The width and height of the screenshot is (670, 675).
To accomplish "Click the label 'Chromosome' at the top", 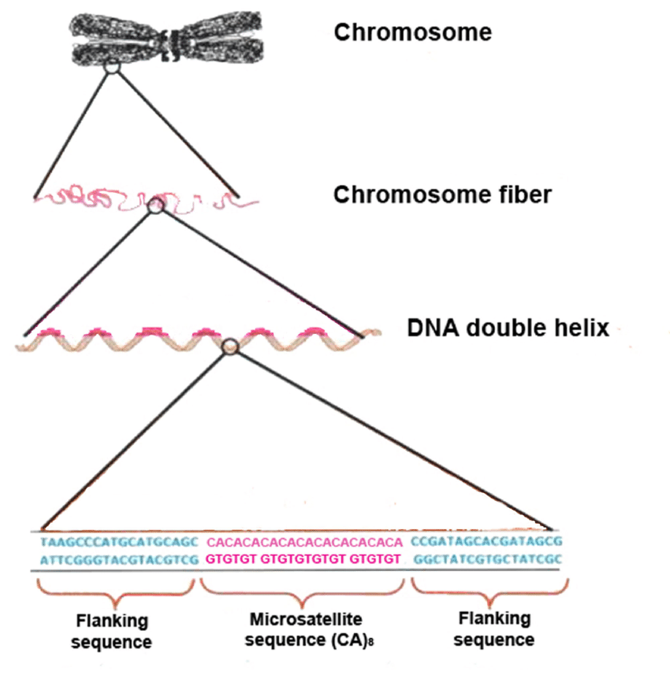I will [412, 32].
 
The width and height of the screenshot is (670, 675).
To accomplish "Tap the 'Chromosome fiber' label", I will [442, 195].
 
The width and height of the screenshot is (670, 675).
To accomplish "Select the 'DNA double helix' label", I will [508, 328].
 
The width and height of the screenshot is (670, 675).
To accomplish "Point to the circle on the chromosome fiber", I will [155, 206].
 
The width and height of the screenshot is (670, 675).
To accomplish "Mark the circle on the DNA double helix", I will [229, 346].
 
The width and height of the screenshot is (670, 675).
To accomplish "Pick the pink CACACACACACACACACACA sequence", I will [304, 543].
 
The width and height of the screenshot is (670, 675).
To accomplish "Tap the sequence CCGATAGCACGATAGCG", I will [486, 543].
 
